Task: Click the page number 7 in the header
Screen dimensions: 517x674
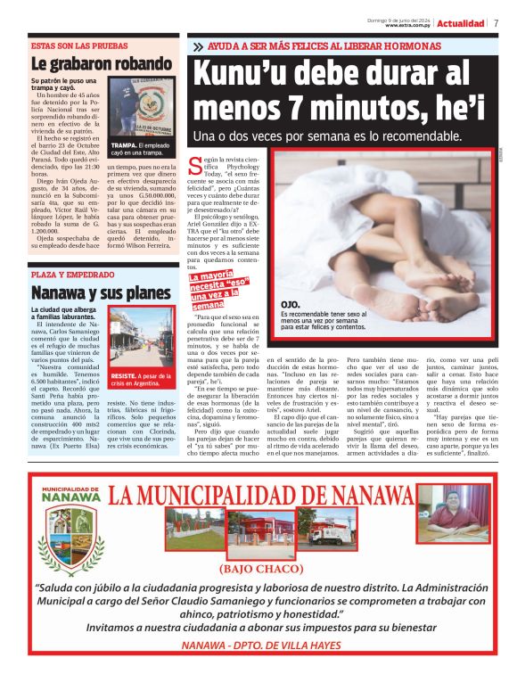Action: coord(496,23)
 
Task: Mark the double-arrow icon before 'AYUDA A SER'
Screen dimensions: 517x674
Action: coord(197,45)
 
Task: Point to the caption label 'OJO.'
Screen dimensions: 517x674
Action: coord(290,305)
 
